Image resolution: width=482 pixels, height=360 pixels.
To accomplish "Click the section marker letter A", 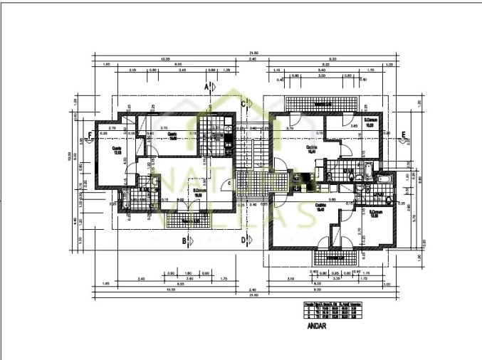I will click(x=206, y=86).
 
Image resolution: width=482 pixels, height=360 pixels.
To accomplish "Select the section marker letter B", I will click(x=184, y=240).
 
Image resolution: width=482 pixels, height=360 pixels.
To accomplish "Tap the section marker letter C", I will click(x=243, y=104).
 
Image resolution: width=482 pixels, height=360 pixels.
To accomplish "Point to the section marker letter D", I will click(x=243, y=240).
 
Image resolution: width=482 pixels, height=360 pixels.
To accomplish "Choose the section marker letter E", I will click(x=403, y=134).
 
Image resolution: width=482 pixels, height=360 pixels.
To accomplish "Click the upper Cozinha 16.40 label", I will click(x=310, y=149).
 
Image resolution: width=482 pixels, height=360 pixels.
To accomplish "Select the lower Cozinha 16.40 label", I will click(x=310, y=208).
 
